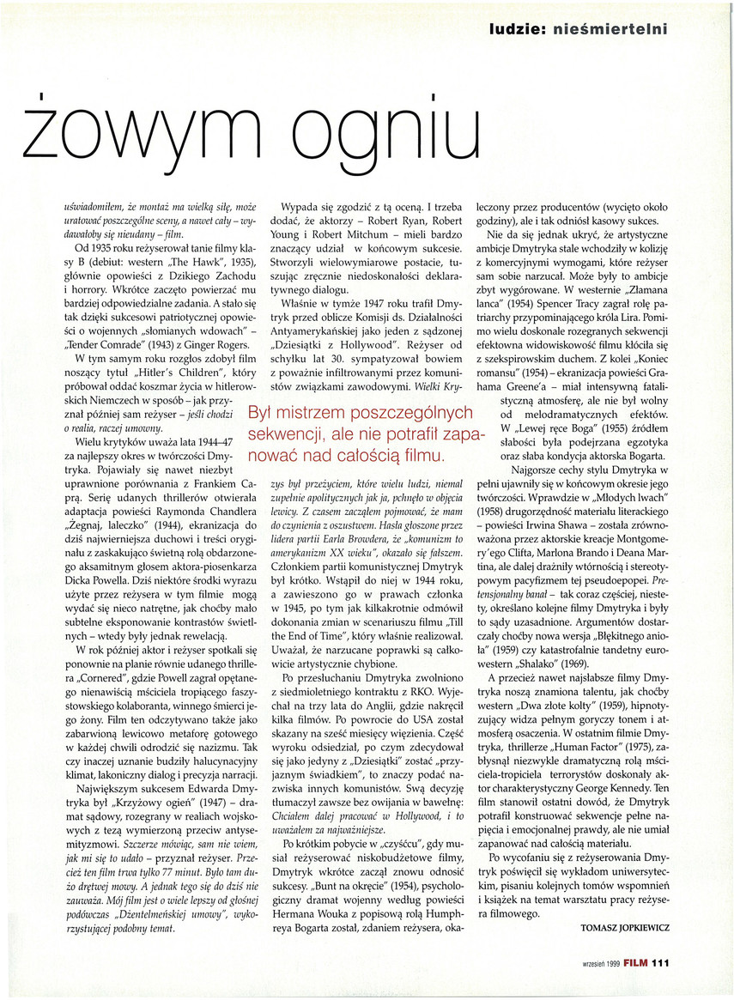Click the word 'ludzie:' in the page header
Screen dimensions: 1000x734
[513, 29]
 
